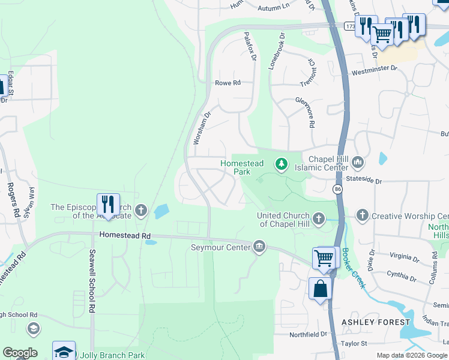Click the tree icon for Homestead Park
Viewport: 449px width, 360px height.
click(x=280, y=163)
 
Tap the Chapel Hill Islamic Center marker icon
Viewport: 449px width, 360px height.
click(x=358, y=163)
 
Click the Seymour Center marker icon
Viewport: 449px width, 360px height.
click(x=259, y=247)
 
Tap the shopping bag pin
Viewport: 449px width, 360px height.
click(x=321, y=288)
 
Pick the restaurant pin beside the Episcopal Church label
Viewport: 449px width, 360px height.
click(x=108, y=205)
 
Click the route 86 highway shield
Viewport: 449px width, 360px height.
click(x=337, y=190)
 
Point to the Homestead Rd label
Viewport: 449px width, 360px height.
click(x=125, y=236)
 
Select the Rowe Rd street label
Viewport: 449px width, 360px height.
click(x=228, y=83)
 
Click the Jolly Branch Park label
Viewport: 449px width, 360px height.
click(x=112, y=355)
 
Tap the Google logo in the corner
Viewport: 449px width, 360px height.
click(x=20, y=353)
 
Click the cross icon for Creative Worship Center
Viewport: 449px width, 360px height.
click(x=362, y=215)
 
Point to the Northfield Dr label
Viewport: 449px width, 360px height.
click(x=307, y=334)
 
